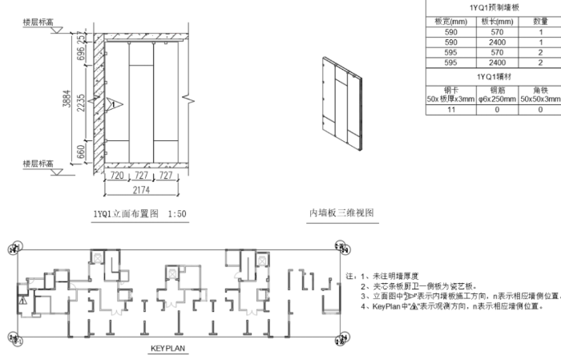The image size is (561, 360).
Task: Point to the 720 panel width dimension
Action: [116, 175]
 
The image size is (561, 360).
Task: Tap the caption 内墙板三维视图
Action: [341, 213]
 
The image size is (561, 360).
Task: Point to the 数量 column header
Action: [540, 21]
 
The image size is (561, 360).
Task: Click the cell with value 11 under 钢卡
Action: [451, 110]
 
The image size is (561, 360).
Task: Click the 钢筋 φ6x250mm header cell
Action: [497, 95]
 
